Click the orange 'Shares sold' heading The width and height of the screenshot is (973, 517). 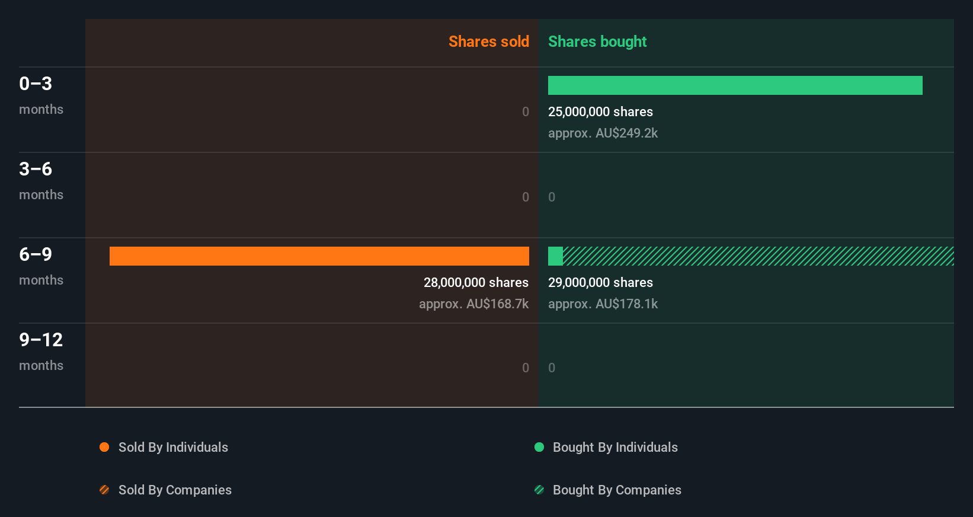488,42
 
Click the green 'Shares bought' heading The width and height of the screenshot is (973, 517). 597,42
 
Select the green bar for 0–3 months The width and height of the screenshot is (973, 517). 735,85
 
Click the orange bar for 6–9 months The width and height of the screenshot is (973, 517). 319,256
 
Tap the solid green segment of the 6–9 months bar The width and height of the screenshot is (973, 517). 555,256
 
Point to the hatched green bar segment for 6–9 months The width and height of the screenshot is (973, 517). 758,256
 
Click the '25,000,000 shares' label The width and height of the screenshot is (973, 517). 600,111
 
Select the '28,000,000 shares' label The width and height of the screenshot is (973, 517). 476,282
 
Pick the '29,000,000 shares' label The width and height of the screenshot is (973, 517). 600,282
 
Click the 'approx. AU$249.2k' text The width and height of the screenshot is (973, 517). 603,133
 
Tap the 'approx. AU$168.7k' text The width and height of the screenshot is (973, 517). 473,304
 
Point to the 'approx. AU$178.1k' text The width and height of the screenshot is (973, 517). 603,304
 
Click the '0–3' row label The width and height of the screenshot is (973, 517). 36,84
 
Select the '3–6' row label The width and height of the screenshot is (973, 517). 36,169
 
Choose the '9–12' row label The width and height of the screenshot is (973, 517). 41,340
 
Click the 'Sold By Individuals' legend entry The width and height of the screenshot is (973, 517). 172,447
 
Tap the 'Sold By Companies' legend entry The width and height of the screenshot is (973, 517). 174,490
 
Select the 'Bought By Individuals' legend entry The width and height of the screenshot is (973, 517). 614,447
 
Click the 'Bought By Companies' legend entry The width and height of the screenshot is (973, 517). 616,490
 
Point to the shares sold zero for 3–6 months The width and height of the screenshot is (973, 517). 525,197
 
